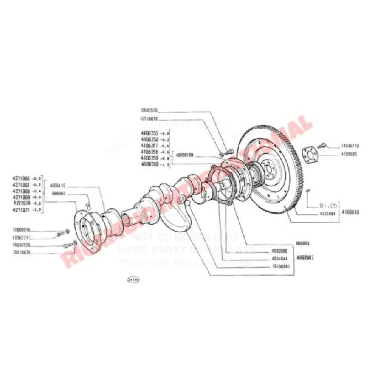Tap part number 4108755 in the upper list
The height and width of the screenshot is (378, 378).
[x=150, y=133]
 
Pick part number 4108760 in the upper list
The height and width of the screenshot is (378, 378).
[x=150, y=164]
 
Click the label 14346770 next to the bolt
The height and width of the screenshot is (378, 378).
[x=350, y=145]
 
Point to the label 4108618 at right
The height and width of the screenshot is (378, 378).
[x=350, y=212]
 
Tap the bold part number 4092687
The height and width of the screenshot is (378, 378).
[x=305, y=257]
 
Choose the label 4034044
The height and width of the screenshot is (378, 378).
[x=280, y=259]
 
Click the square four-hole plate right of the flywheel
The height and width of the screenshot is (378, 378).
[x=311, y=155]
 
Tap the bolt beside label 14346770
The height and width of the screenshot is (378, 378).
[x=322, y=144]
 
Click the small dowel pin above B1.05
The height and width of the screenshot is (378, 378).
[x=308, y=190]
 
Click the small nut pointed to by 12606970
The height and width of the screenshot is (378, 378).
[x=68, y=231]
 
